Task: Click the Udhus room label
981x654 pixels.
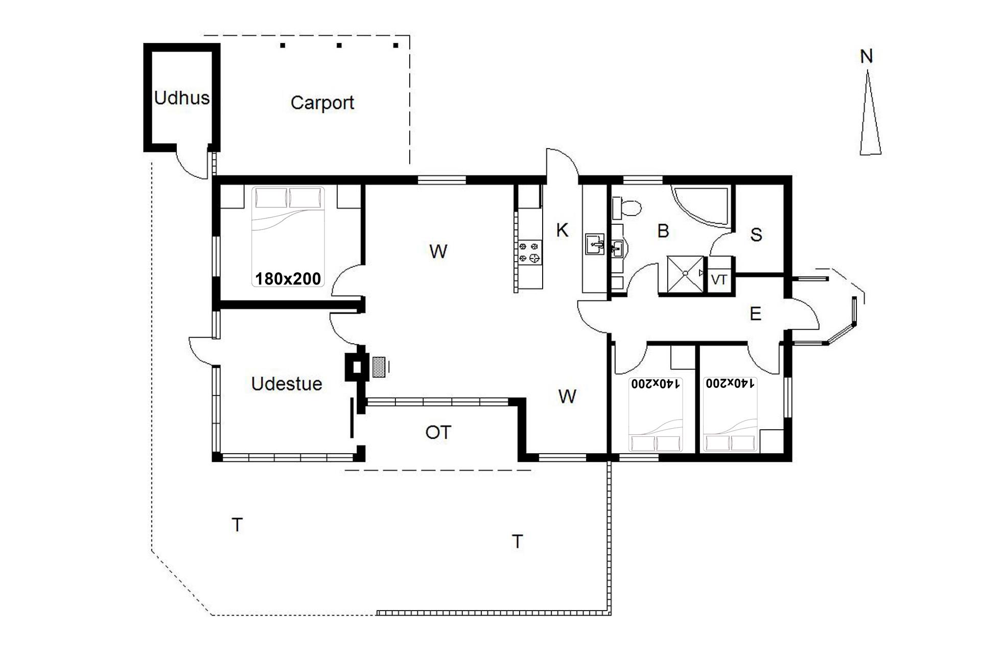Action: (x=181, y=97)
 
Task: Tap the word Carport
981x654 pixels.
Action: (x=322, y=103)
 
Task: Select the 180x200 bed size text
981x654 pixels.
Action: (x=288, y=278)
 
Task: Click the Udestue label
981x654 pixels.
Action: (x=287, y=384)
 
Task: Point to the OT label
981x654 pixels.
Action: (x=438, y=433)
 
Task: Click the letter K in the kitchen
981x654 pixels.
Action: (x=562, y=230)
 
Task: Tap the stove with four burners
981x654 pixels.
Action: (x=529, y=252)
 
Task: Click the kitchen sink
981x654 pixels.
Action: (x=594, y=244)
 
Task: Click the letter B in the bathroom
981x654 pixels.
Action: (x=663, y=231)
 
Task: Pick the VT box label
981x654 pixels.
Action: (x=719, y=280)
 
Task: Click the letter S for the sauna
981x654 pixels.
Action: (x=756, y=235)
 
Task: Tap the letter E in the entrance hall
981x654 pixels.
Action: (x=755, y=314)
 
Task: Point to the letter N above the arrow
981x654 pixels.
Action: (x=866, y=57)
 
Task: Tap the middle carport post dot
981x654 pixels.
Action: (x=339, y=45)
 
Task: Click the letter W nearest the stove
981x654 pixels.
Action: (x=438, y=251)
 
